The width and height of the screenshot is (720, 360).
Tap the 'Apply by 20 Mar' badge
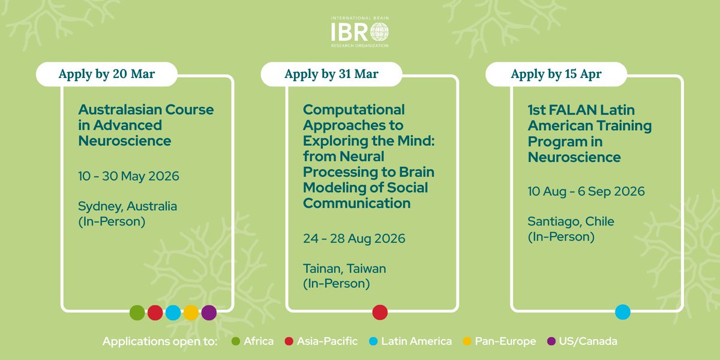(106, 74)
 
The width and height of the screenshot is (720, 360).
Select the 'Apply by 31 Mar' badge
(331, 74)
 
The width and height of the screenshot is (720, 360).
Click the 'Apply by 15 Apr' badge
(556, 74)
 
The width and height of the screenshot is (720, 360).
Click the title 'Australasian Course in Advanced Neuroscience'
(146, 125)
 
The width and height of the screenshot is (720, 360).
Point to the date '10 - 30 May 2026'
(128, 176)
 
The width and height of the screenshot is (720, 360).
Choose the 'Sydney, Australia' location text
(127, 206)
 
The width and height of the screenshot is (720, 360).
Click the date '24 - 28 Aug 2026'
(354, 239)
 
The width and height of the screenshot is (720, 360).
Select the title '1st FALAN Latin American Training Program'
(589, 134)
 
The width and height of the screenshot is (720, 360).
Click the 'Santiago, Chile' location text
(571, 221)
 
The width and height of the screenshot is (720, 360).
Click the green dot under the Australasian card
(137, 313)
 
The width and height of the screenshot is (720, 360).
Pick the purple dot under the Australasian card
(209, 313)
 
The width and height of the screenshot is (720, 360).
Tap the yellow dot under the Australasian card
(191, 313)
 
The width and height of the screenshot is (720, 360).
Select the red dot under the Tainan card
(380, 313)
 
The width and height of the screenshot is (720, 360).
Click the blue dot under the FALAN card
(623, 313)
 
